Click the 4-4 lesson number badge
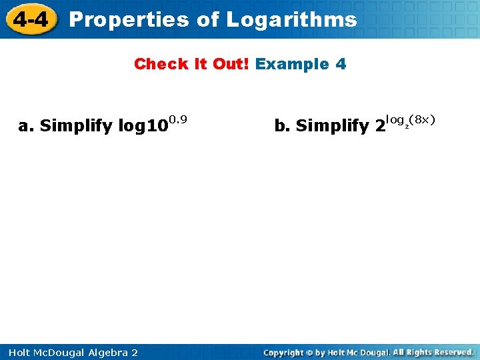31,19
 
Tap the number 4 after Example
341,64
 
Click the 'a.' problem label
26,125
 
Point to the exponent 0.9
177,119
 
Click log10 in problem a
142,125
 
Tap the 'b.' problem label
282,125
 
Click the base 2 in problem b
380,125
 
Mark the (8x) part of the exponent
422,119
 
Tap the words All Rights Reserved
433,352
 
